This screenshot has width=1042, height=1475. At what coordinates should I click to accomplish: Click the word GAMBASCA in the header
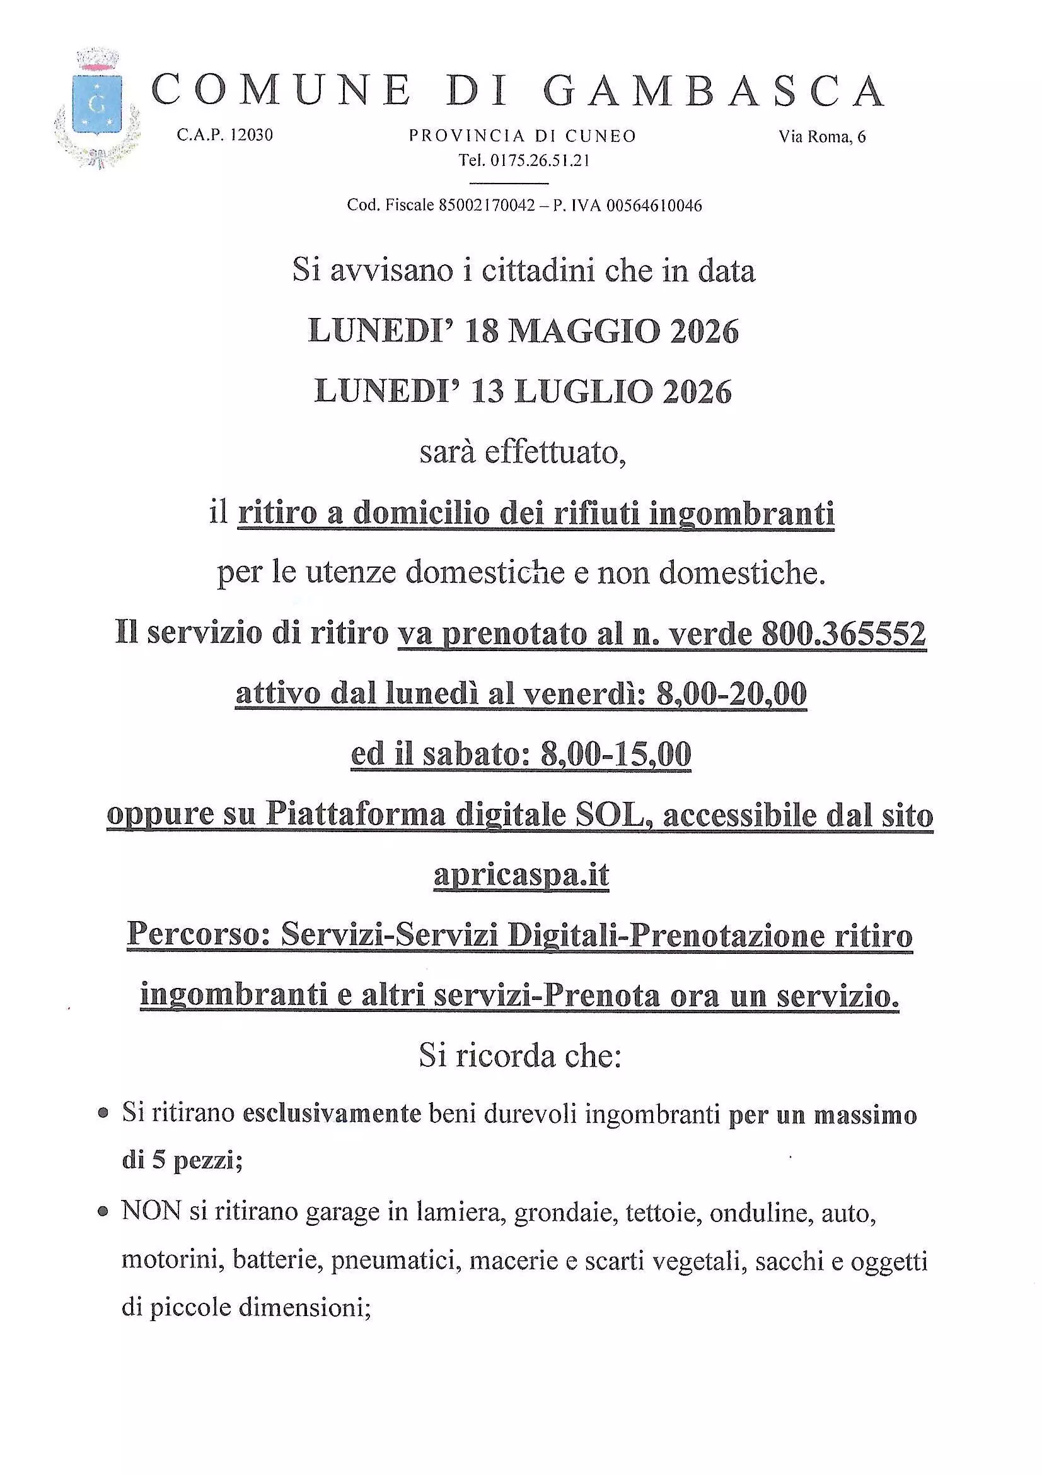coord(715,91)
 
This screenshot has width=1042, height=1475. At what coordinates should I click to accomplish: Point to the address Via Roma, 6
coord(822,137)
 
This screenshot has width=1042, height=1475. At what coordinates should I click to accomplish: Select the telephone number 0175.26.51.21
coord(540,161)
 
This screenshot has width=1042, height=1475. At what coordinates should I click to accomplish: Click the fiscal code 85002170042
coord(487,206)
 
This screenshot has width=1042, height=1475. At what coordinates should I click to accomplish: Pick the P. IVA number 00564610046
coord(654,206)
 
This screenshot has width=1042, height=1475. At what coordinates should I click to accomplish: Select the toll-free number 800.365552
coord(843,634)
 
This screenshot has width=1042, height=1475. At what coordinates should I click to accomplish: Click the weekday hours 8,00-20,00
coord(731,695)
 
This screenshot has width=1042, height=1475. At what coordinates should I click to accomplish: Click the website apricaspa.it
coord(521,875)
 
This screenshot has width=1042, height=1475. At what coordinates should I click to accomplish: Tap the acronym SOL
coord(609,815)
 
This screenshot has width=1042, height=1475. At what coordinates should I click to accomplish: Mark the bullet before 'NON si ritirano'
coord(102,1214)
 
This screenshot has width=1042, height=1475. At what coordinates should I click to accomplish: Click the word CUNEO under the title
coord(600,137)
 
